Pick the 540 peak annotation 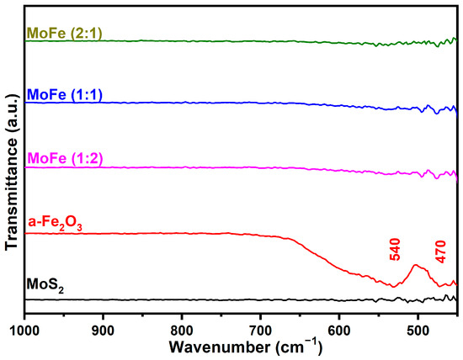[x=395, y=248]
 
